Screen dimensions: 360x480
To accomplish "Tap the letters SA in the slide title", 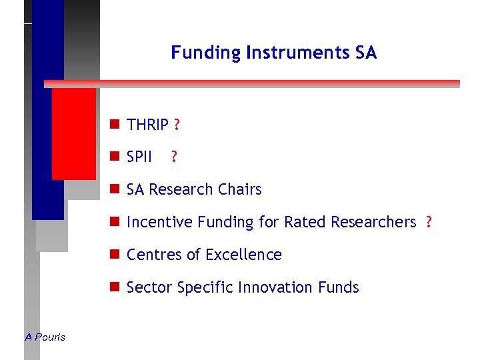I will (x=366, y=53).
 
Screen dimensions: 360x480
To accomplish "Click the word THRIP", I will (x=147, y=125).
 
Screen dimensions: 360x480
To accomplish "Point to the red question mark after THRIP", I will (x=177, y=125).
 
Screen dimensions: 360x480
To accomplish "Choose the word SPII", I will (x=139, y=157).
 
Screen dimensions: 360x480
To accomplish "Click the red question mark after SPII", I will (x=174, y=157).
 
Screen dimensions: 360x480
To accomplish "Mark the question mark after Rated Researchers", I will (x=429, y=222).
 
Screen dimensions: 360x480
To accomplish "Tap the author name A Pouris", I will (x=45, y=337).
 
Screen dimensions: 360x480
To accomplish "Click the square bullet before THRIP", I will (x=115, y=125).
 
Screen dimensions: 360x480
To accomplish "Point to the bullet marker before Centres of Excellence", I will (x=115, y=255).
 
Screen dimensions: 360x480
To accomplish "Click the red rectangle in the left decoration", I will (x=73, y=133).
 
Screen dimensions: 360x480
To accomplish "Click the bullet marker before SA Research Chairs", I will (x=115, y=189).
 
